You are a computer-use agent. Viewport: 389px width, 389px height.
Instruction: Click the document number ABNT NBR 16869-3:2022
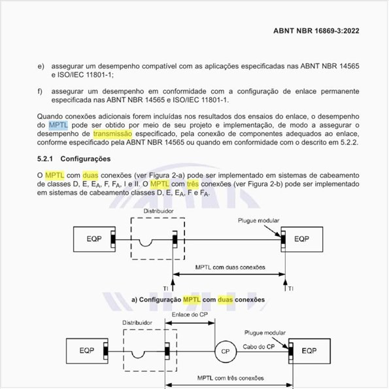pyautogui.click(x=316, y=30)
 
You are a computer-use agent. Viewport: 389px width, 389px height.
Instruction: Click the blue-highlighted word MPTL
pyautogui.click(x=58, y=124)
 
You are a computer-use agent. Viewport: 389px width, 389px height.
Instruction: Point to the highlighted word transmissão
pyautogui.click(x=113, y=133)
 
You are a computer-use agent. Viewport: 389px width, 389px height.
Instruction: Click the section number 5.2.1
pyautogui.click(x=48, y=159)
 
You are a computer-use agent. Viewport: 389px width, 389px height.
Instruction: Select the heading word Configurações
pyautogui.click(x=95, y=159)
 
